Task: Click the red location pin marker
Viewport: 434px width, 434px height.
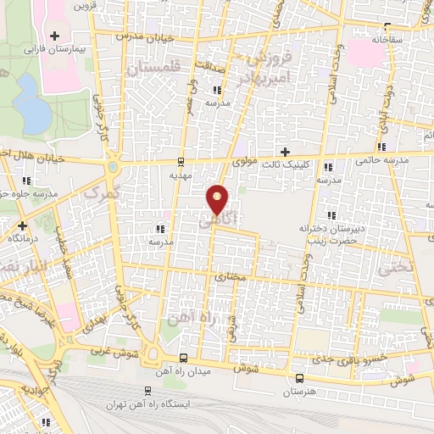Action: pos(218,198)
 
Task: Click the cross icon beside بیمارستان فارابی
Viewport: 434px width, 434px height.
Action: pos(55,36)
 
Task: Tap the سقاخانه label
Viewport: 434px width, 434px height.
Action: pos(403,39)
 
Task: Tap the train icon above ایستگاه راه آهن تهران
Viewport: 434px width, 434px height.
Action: pos(147,391)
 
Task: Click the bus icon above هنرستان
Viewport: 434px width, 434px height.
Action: pos(298,379)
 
